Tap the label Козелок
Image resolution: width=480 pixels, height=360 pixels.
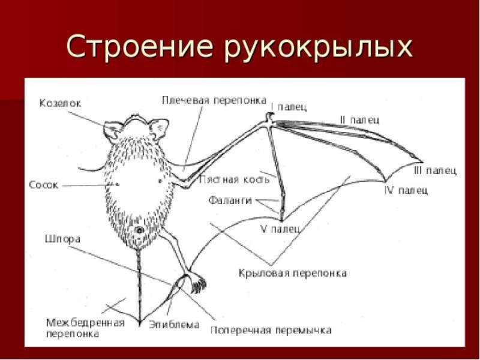(60, 103)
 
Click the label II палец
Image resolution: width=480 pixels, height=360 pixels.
(359, 120)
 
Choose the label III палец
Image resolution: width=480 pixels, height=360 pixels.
(435, 171)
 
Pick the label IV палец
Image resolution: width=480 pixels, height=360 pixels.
(406, 191)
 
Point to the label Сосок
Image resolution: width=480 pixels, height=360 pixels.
(44, 185)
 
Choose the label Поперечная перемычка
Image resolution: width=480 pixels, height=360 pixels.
(271, 330)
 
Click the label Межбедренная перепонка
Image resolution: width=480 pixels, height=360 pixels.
(85, 328)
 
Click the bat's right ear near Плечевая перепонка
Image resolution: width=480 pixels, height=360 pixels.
(159, 128)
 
